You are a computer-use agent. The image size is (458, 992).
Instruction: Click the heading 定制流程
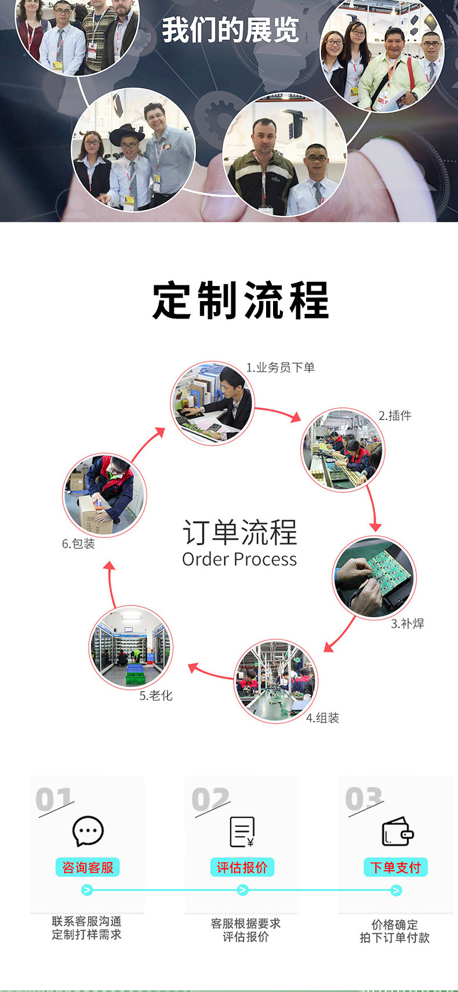point(240,301)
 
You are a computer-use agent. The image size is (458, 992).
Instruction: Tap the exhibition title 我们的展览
point(230,30)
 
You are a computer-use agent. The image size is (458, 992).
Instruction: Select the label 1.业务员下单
point(280,368)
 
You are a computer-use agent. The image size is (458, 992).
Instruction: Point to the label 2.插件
point(395,415)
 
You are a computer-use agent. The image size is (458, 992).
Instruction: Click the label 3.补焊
point(407,624)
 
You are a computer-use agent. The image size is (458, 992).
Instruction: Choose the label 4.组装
point(322,718)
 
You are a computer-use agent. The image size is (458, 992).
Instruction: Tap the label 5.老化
point(156,696)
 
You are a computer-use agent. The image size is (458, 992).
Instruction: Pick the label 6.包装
point(78,544)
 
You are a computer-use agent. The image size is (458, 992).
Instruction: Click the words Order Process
point(239,559)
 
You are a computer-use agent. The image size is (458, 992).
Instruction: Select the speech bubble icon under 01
point(88,831)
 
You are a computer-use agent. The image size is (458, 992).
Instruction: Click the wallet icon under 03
point(397,831)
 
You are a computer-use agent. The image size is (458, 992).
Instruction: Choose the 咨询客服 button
point(88,867)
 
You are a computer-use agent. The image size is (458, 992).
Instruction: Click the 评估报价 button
point(242,867)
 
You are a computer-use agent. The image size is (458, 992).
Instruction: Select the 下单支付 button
point(395,867)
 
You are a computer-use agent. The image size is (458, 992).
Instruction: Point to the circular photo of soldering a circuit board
point(374,577)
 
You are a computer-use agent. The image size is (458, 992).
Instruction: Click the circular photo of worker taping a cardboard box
point(104,495)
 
